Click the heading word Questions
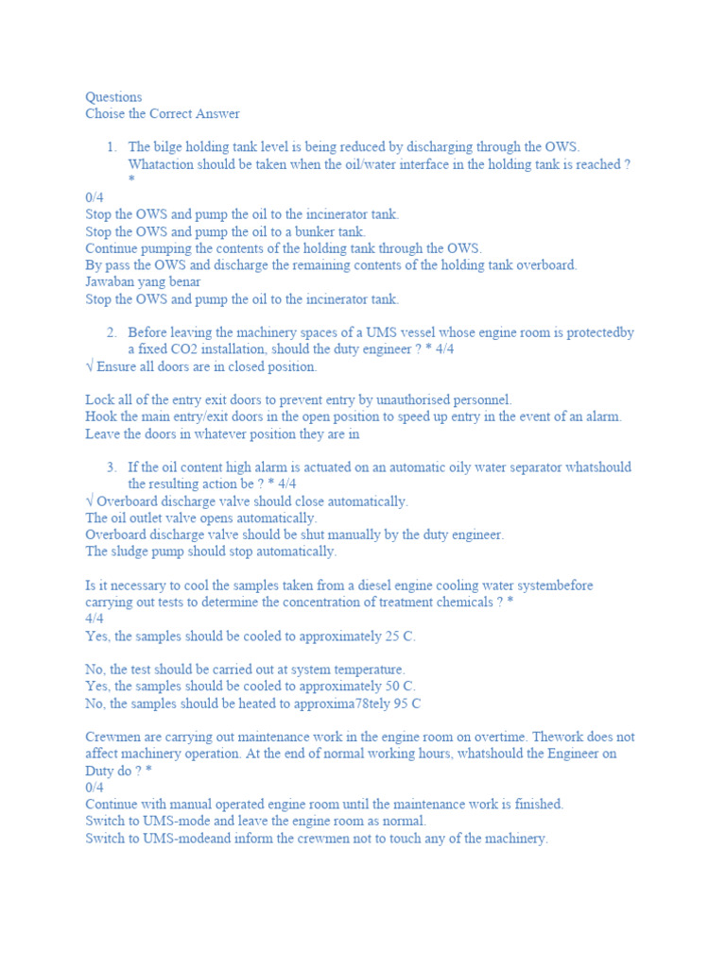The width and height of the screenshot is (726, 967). tap(113, 97)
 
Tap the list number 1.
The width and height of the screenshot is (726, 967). tap(112, 147)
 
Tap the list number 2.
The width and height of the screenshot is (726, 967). tap(112, 332)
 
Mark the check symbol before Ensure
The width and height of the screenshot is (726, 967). tap(89, 366)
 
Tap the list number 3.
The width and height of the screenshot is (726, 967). tap(112, 467)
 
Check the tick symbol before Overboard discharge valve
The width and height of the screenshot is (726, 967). tap(89, 501)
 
